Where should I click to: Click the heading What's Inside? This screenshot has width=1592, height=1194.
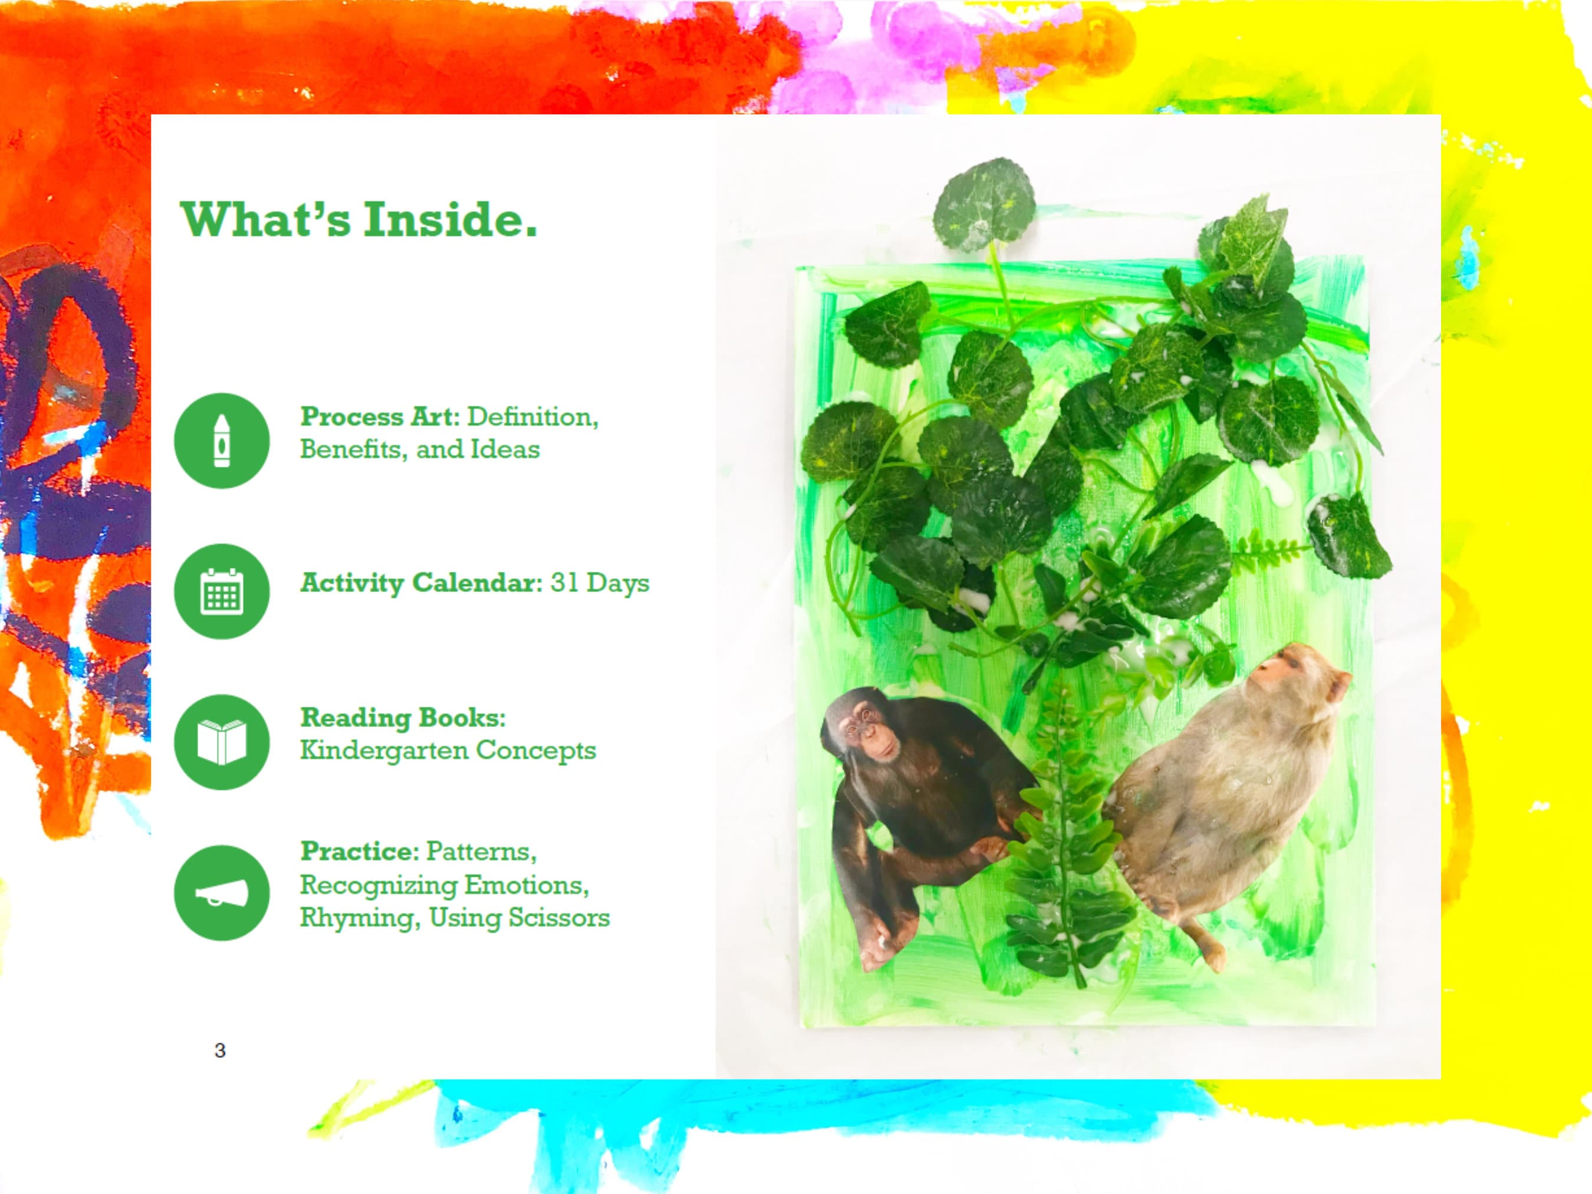click(358, 219)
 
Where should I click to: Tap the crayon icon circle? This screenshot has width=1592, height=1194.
click(222, 440)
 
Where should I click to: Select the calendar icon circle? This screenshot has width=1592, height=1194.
click(222, 591)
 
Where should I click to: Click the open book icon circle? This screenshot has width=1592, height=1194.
click(222, 742)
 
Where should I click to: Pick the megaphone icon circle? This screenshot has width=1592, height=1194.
click(222, 893)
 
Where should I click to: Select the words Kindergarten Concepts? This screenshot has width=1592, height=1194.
click(448, 750)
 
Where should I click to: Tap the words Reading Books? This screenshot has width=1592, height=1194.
click(402, 717)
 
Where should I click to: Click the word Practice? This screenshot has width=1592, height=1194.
click(358, 851)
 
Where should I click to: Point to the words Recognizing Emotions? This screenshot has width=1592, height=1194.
click(443, 884)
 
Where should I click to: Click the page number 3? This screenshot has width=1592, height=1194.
click(221, 1051)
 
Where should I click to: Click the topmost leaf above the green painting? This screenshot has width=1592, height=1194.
click(984, 205)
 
